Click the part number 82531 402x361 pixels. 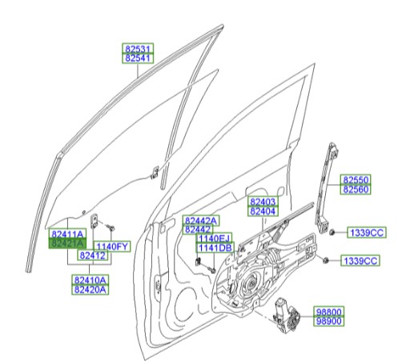click(x=137, y=49)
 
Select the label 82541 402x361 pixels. click(x=137, y=58)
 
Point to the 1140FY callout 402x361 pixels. click(x=112, y=246)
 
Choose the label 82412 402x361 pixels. click(x=92, y=255)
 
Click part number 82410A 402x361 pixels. click(x=90, y=279)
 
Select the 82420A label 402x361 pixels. click(x=90, y=289)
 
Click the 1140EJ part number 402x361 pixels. click(x=214, y=239)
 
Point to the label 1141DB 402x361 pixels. click(x=214, y=248)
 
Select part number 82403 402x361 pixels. click(x=262, y=203)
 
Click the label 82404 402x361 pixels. click(x=262, y=212)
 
